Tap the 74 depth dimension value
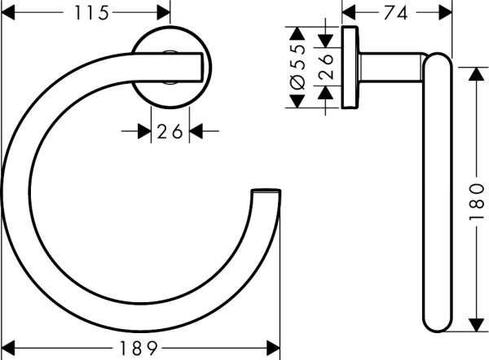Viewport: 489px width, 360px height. (x=397, y=13)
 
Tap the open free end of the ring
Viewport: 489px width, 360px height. (x=267, y=193)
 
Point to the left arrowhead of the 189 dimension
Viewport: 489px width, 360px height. (x=10, y=348)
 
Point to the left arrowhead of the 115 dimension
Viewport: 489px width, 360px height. (x=10, y=13)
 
